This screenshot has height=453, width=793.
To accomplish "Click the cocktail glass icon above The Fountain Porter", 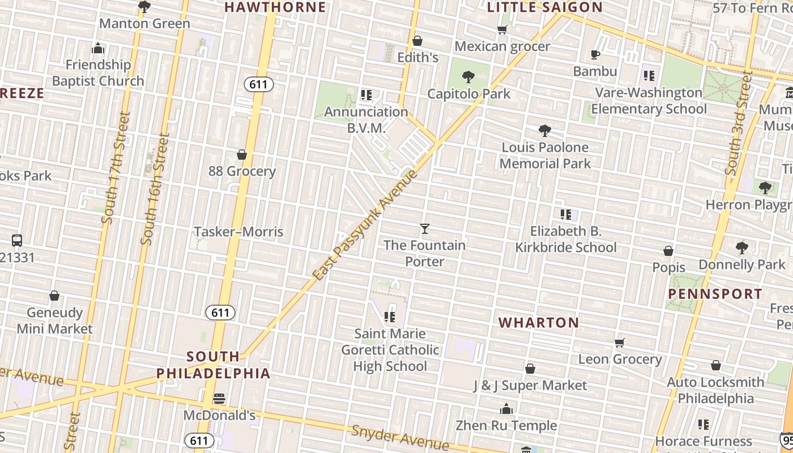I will coord(425,229).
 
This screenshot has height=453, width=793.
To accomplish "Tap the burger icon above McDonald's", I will coord(219,399).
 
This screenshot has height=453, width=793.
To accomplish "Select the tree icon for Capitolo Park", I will coord(468,76).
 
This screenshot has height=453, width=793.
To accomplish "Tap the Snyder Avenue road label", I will coord(400,437).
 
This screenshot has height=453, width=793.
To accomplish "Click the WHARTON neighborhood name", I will coord(539,323).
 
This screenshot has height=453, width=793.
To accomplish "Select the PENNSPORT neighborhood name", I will coord(715,294).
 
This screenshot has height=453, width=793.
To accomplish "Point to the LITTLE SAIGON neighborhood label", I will coord(545,7).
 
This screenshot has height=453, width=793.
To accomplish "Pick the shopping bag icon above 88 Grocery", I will coord(242,155).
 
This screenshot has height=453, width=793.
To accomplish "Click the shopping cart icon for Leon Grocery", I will coord(620,343).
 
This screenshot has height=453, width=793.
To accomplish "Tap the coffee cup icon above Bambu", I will coord(595,54).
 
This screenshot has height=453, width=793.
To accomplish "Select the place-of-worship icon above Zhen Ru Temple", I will coord(506,409).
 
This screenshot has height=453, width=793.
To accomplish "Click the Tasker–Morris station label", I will coord(238,232).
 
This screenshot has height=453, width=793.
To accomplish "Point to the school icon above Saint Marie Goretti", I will coord(390,317).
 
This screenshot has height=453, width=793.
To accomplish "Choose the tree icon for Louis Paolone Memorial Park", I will coord(545,131).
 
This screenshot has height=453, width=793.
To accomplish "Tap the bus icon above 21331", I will coord(17,241).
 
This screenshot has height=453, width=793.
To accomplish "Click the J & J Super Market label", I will coord(530,386).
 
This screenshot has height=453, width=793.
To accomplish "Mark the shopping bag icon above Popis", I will coord(668,251).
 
